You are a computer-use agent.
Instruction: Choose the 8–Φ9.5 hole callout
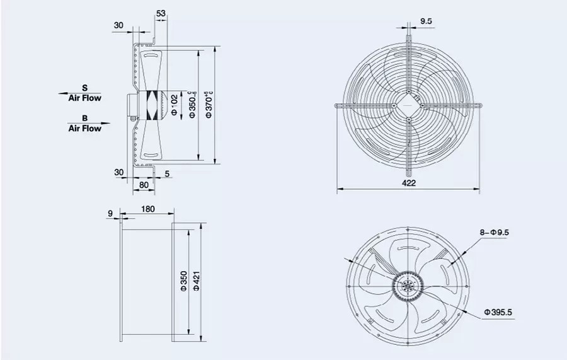(x=495, y=233)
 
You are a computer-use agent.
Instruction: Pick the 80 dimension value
(x=144, y=185)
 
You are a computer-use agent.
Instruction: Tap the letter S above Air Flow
(x=84, y=88)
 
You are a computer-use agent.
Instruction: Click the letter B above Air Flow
(x=84, y=118)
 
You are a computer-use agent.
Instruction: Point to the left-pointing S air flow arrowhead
(x=62, y=93)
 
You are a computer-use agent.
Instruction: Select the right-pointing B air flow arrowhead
(x=108, y=124)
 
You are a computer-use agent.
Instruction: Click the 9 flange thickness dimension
(x=110, y=214)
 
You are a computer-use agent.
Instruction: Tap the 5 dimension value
(x=167, y=173)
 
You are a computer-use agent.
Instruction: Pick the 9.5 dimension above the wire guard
(x=426, y=21)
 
